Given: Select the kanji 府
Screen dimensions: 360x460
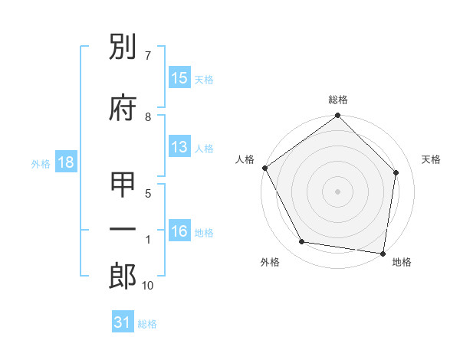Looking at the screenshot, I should click(x=123, y=108).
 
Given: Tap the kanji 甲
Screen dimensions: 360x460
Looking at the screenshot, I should click(x=123, y=186).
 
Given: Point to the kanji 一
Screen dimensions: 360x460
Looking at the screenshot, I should click(x=123, y=229).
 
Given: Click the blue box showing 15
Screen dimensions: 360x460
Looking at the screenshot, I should click(x=179, y=78).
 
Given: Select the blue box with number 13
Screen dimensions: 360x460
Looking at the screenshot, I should click(x=179, y=147).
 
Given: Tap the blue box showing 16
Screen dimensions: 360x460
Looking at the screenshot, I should click(x=179, y=231).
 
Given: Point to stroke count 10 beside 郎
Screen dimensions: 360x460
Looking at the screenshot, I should click(x=148, y=286).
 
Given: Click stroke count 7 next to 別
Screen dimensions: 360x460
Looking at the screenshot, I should click(x=148, y=56).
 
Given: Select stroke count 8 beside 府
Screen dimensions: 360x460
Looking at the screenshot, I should click(x=148, y=116).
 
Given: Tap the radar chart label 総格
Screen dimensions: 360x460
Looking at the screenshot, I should click(x=338, y=100).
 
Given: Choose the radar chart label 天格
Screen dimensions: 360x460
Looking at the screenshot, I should click(x=432, y=159).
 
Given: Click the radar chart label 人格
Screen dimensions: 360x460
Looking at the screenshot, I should click(x=245, y=159).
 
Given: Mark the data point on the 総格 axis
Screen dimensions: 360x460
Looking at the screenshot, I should click(x=338, y=116).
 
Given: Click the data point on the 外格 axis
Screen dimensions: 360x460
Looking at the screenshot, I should click(x=302, y=242).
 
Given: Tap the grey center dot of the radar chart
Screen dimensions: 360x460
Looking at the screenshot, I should click(x=338, y=191).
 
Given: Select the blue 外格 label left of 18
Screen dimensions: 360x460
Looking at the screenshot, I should click(x=41, y=164).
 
